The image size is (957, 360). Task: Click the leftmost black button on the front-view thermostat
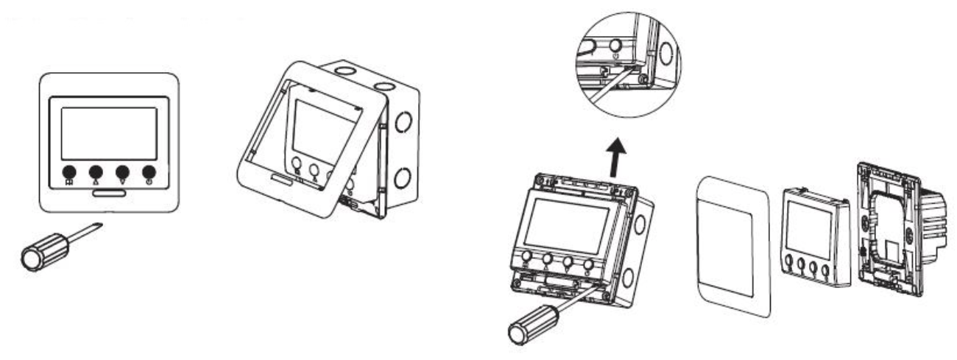68,174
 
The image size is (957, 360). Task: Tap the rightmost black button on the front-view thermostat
149,174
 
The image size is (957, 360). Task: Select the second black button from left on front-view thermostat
95,174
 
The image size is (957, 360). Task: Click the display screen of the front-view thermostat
108,133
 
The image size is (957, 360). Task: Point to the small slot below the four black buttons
108,193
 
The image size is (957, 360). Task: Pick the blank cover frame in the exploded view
731,244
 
